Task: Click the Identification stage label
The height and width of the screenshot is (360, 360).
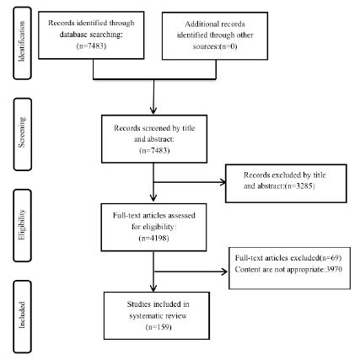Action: (x=22, y=41)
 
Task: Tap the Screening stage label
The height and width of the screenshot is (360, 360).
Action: (x=22, y=132)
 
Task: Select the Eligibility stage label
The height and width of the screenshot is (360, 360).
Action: (x=22, y=224)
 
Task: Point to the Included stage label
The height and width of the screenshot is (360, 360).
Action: (x=22, y=314)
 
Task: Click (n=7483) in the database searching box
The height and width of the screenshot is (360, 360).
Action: (x=91, y=46)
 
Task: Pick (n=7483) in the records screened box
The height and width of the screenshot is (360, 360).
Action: (x=154, y=150)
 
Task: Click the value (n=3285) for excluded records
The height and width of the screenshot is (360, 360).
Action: (x=299, y=186)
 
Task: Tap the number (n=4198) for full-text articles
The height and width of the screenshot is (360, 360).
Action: (x=154, y=239)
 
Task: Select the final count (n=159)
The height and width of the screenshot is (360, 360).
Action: (x=159, y=327)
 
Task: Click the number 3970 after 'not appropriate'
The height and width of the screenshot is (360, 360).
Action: (x=334, y=269)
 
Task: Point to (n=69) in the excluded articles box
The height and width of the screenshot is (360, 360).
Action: (x=330, y=258)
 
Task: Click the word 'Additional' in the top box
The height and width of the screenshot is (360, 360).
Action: (x=199, y=24)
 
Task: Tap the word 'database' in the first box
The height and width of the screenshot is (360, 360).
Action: (x=73, y=35)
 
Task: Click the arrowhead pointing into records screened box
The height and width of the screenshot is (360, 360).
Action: (x=153, y=110)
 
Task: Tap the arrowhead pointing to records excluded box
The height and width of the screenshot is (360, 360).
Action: (x=223, y=182)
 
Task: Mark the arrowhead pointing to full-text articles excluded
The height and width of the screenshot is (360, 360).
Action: (x=224, y=271)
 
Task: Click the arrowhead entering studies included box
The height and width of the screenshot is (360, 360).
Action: (x=153, y=287)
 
